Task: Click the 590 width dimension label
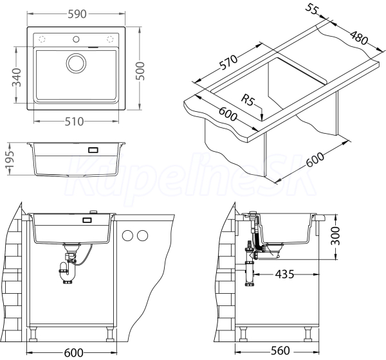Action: [x=77, y=14]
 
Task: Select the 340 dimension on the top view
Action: [x=17, y=78]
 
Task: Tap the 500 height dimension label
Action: [x=140, y=71]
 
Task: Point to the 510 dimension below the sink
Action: [x=74, y=122]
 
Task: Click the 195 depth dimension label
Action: [x=10, y=159]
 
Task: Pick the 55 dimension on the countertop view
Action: [x=312, y=9]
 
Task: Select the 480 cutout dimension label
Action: [x=359, y=37]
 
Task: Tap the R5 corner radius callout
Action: [x=248, y=100]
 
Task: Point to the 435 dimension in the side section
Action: [x=284, y=274]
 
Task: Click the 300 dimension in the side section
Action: [x=335, y=236]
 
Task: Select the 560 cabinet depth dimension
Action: [x=280, y=350]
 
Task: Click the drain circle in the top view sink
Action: [x=76, y=63]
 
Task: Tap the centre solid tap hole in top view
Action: [x=76, y=39]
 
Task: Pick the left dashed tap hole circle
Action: [x=42, y=39]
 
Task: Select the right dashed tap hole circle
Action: [x=110, y=39]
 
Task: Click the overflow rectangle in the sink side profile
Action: [x=93, y=150]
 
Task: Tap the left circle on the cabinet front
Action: [x=128, y=235]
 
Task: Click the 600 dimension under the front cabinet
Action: [x=73, y=353]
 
